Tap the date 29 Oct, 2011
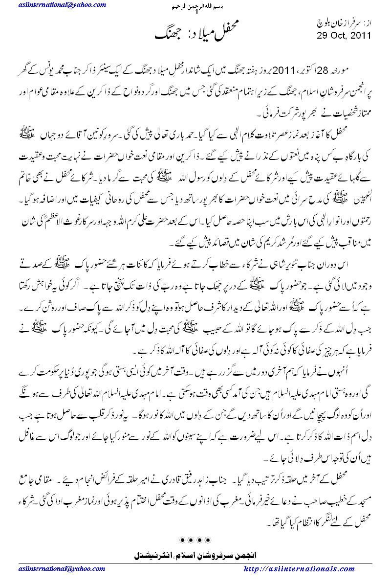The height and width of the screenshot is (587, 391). (x=344, y=36)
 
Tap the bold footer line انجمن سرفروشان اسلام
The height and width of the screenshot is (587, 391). (x=195, y=556)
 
